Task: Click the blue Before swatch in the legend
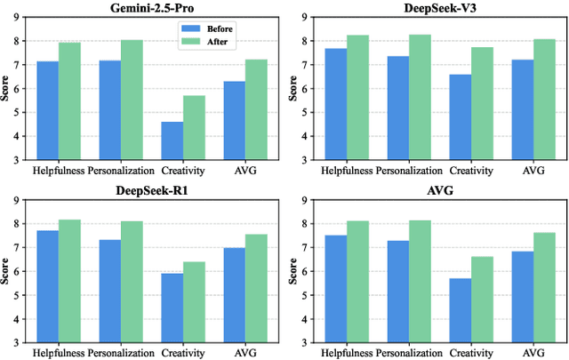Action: click(x=188, y=28)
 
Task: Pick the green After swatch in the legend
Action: click(x=188, y=40)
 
